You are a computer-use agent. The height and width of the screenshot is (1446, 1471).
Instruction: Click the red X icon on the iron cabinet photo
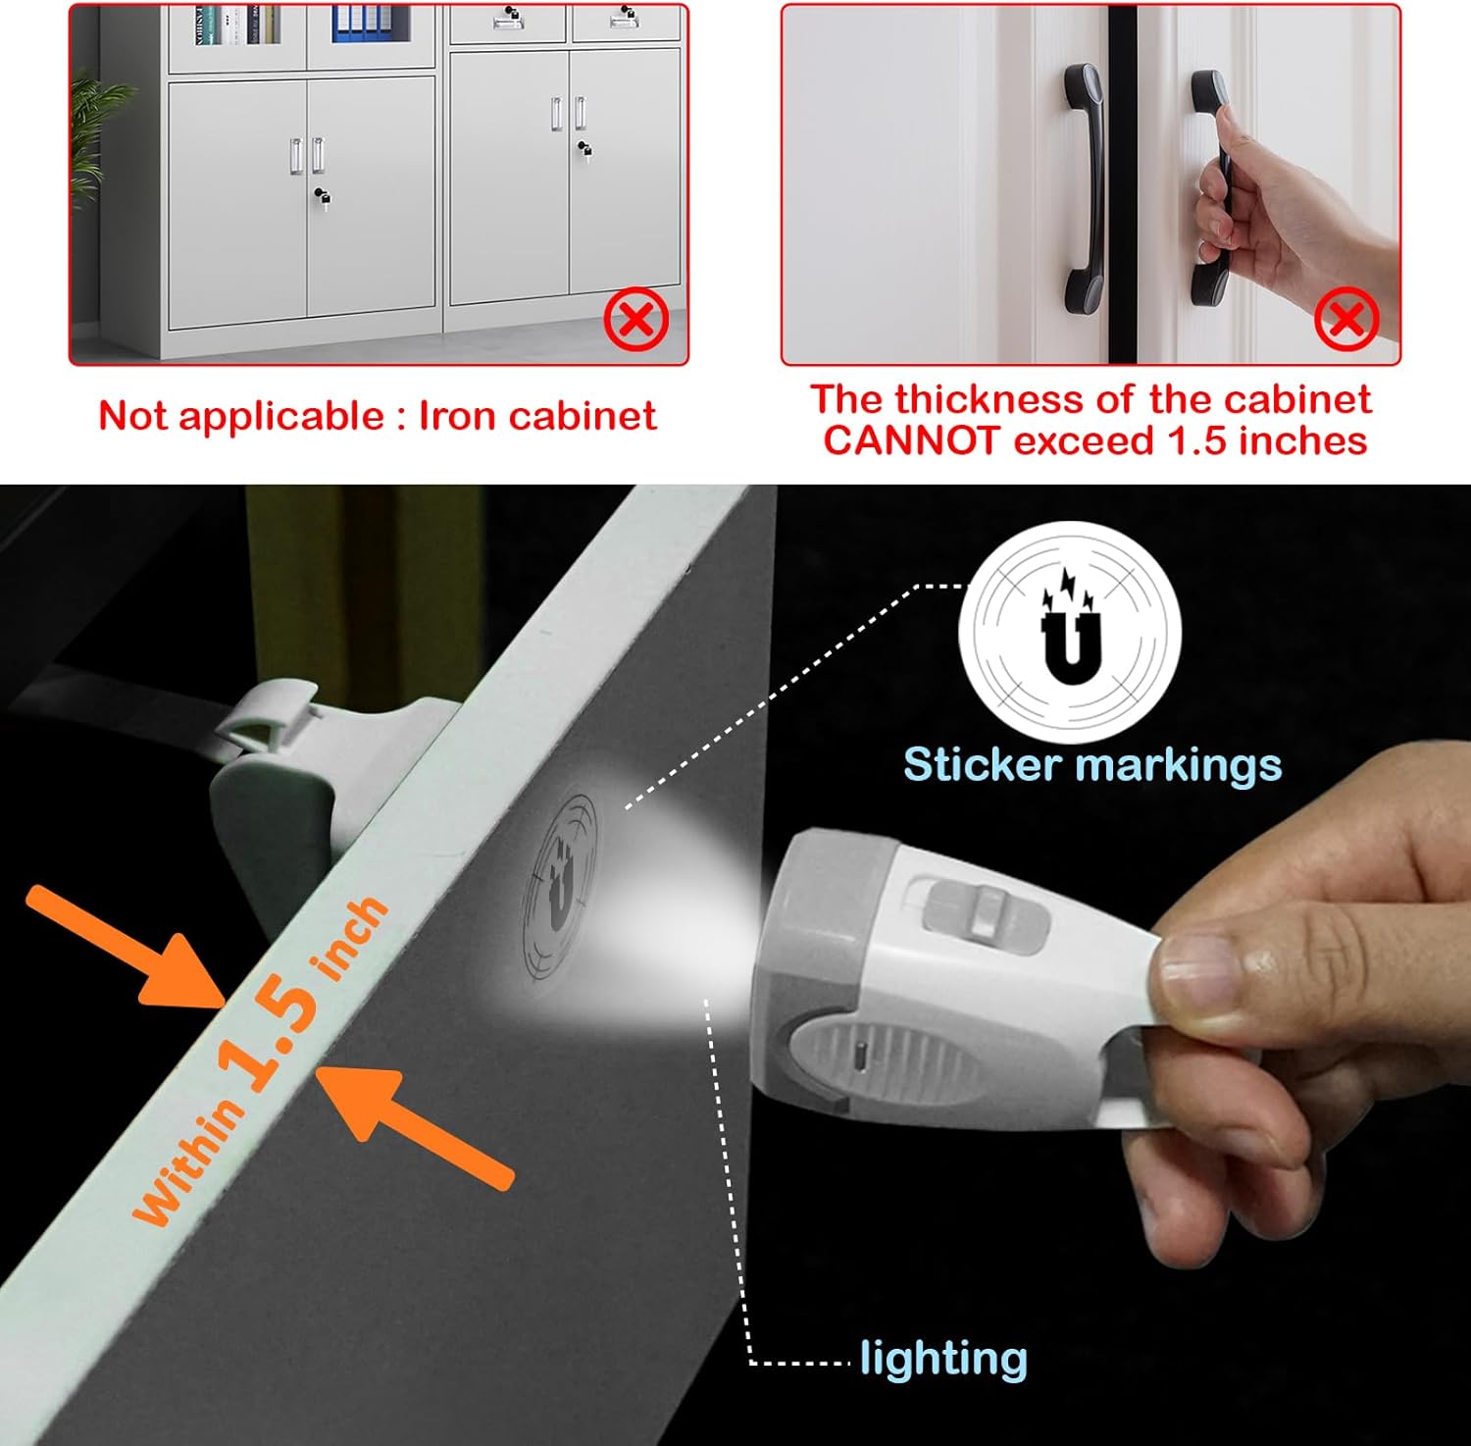(x=636, y=319)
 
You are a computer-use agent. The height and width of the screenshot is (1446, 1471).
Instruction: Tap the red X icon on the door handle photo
(x=1346, y=319)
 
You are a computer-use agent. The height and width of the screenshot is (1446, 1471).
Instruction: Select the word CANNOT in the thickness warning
(x=910, y=440)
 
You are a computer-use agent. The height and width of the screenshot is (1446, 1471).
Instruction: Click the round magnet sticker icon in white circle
(x=1069, y=631)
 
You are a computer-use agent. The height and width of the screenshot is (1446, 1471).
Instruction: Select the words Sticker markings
(x=1091, y=765)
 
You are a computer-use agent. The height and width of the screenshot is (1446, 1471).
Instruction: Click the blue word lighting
(x=943, y=1359)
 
